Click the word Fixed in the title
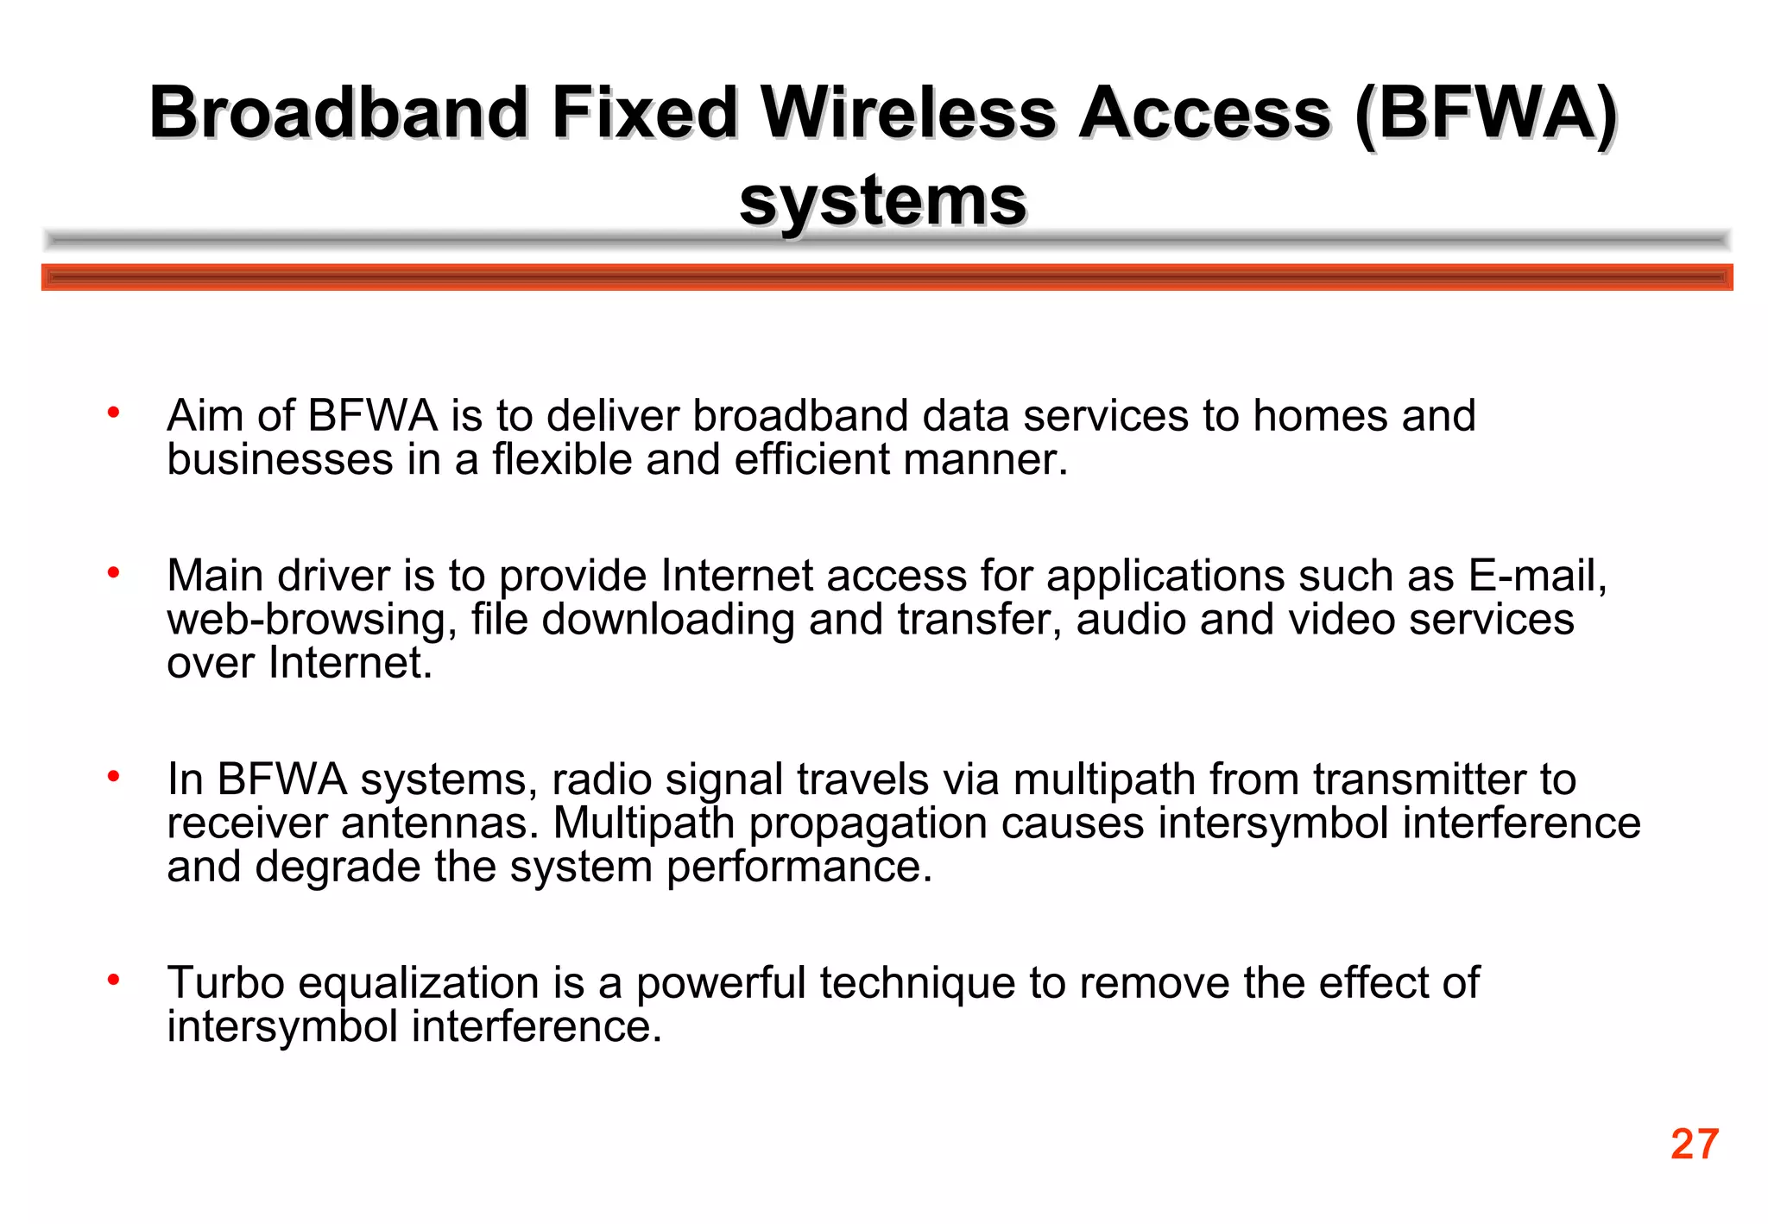point(645,113)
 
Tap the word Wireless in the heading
point(909,113)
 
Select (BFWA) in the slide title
point(1486,113)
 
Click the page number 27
point(1695,1145)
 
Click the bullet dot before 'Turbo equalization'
point(113,980)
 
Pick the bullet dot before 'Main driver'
point(113,572)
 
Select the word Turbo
point(225,982)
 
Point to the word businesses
point(280,459)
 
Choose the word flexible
point(562,459)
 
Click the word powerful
point(721,983)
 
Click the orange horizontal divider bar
point(887,277)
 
